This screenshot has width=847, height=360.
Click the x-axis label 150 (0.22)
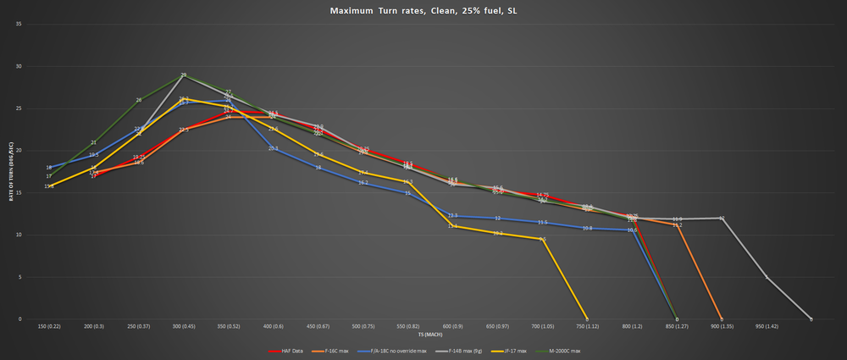49,326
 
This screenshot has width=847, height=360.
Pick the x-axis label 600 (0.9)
452,326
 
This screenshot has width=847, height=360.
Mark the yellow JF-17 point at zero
587,318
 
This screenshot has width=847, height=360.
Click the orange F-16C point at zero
722,318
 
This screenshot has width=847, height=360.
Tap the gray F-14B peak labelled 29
184,76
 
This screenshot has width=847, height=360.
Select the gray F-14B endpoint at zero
811,318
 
